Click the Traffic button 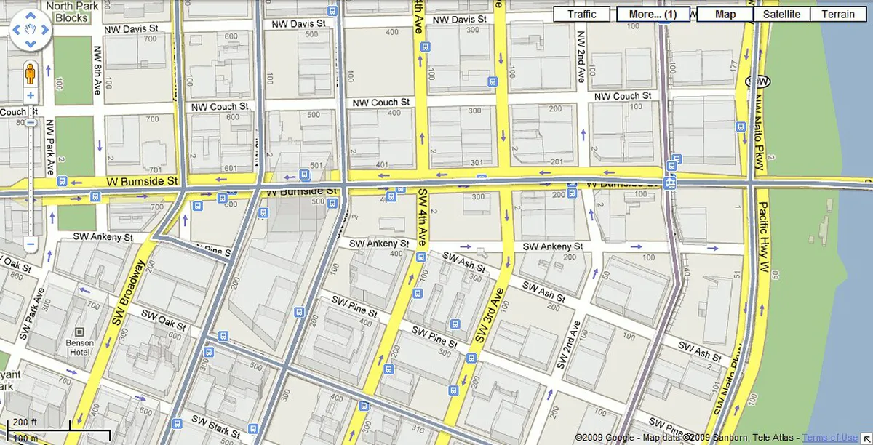(x=581, y=14)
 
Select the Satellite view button (x=782, y=14)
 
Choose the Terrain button (x=838, y=14)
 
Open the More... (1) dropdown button (x=653, y=14)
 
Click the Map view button (x=725, y=14)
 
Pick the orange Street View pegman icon (x=31, y=74)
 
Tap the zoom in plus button (x=31, y=95)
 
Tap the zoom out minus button (x=31, y=245)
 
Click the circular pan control (x=30, y=31)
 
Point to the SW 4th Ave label (x=421, y=217)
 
